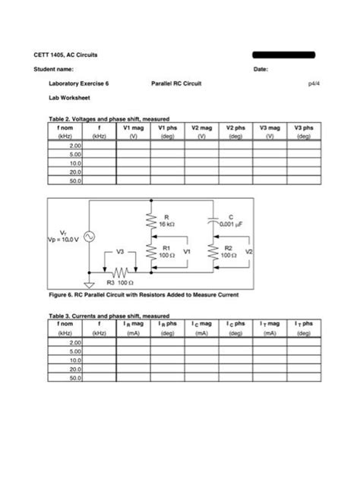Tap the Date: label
(262, 69)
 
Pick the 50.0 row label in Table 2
(74, 181)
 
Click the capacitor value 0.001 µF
(232, 225)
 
